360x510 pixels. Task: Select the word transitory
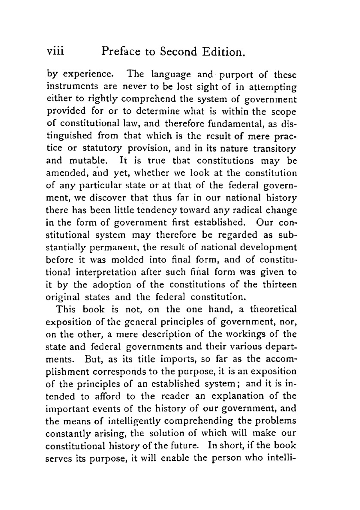[x=275, y=148]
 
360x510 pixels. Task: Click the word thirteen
[x=280, y=284]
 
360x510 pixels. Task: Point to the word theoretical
[x=273, y=309]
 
